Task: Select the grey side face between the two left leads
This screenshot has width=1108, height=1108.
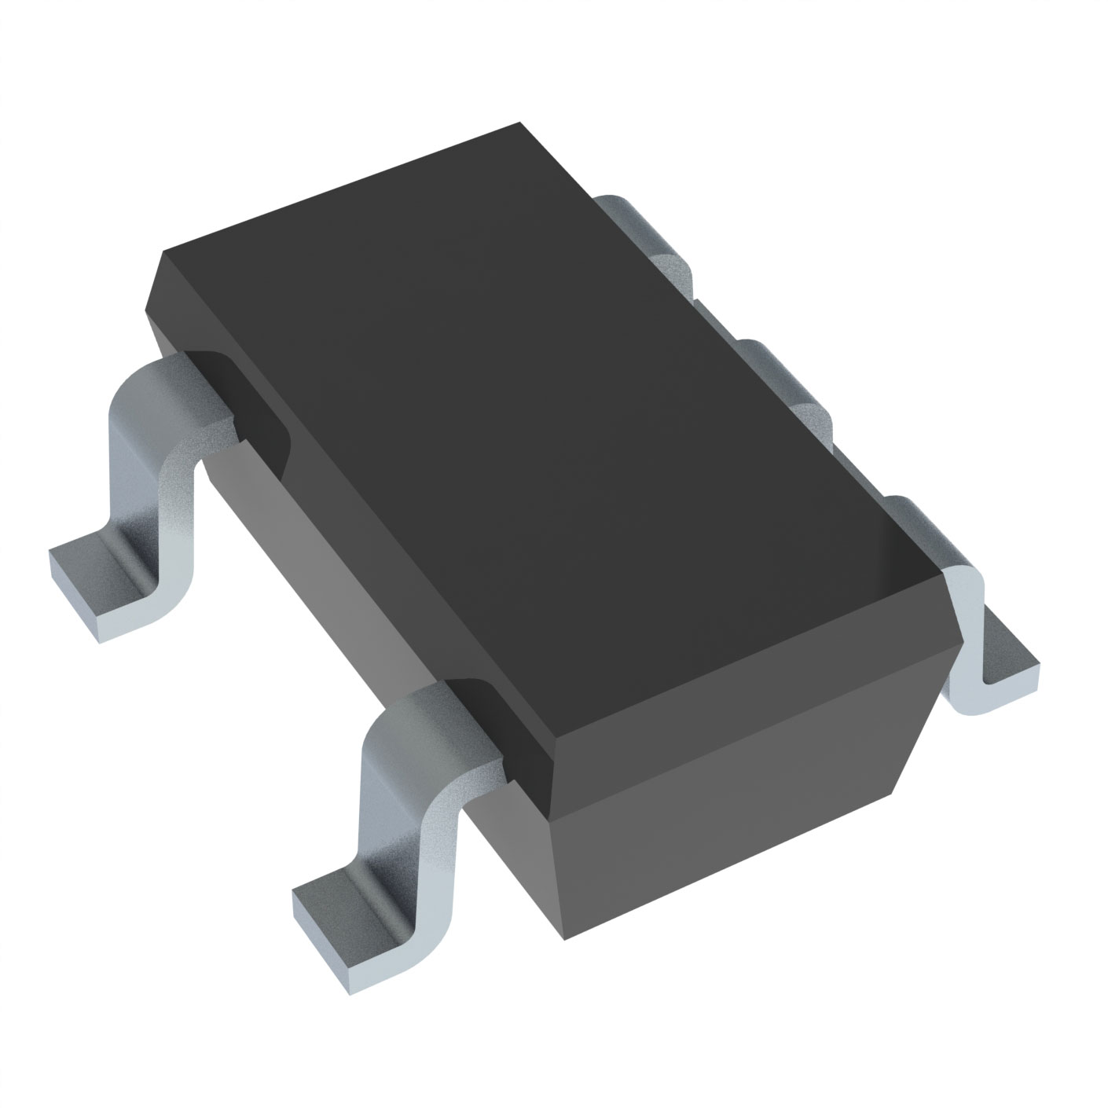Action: coord(346,566)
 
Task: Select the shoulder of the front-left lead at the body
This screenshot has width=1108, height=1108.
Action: coord(456,715)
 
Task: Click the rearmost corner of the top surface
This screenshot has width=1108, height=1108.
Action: coord(520,123)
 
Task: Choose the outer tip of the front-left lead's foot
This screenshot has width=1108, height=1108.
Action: coord(303,904)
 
